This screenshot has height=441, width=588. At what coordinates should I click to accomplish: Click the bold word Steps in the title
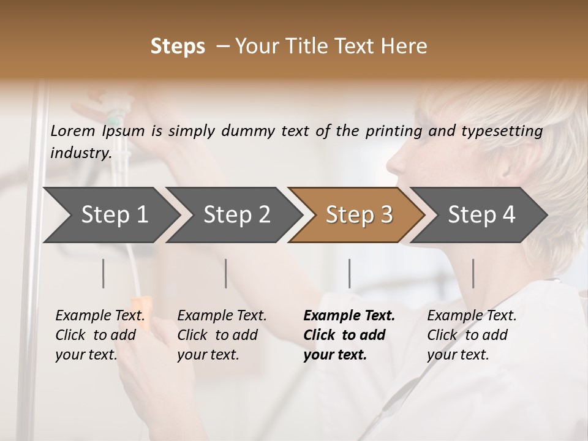coord(178,47)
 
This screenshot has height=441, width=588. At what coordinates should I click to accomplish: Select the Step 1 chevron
coord(110,214)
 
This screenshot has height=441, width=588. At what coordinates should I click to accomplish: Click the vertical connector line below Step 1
coord(104,273)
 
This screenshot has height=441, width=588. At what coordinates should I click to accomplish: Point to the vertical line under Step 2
coord(226,273)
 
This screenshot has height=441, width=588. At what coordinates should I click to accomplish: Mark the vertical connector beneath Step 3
coord(349,273)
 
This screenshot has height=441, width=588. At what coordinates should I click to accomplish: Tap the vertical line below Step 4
coord(473,273)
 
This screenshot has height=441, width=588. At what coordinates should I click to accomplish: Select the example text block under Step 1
coord(100,335)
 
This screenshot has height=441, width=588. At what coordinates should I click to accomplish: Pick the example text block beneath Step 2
coord(222,335)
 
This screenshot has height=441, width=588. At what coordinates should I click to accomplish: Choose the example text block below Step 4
coord(472,335)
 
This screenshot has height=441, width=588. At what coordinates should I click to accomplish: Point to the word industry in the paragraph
coord(80,153)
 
